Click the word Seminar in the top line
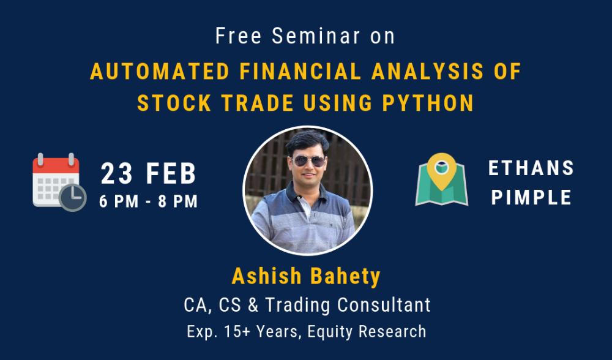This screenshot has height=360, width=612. pyautogui.click(x=316, y=36)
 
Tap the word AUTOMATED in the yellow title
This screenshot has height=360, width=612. pyautogui.click(x=160, y=72)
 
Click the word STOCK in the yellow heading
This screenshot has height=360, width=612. pyautogui.click(x=174, y=103)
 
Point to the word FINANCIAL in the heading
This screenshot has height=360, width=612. pyautogui.click(x=300, y=72)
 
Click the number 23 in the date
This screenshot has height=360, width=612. pyautogui.click(x=116, y=174)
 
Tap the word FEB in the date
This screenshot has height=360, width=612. pyautogui.click(x=171, y=174)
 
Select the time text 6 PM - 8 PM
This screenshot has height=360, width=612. pyautogui.click(x=148, y=201)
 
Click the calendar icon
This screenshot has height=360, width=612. pyautogui.click(x=59, y=182)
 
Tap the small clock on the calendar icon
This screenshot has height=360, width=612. pyautogui.click(x=73, y=197)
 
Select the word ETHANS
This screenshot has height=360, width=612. pyautogui.click(x=531, y=168)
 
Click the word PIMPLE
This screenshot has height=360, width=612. pyautogui.click(x=531, y=197)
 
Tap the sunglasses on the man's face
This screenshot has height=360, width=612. pyautogui.click(x=308, y=160)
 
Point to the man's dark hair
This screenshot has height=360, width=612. pyautogui.click(x=308, y=141)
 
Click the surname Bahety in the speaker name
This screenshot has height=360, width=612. pyautogui.click(x=345, y=276)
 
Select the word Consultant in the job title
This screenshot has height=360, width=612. pyautogui.click(x=384, y=304)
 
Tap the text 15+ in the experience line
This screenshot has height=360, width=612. pyautogui.click(x=236, y=331)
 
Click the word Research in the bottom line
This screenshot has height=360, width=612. pyautogui.click(x=392, y=331)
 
